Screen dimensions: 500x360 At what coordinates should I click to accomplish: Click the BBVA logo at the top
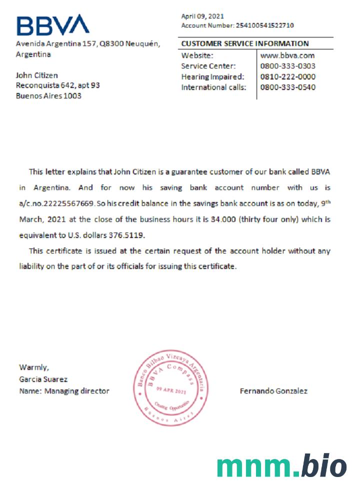[52, 25]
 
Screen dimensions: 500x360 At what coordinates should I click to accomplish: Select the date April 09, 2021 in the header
[202, 16]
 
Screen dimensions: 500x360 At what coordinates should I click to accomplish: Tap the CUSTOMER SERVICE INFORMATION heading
[245, 43]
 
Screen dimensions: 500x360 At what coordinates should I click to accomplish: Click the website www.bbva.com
[287, 55]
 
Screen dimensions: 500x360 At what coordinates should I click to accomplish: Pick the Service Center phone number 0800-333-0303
[287, 66]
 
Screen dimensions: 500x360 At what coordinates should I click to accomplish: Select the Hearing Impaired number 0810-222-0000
[287, 76]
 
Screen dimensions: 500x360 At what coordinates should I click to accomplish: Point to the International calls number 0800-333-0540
[287, 87]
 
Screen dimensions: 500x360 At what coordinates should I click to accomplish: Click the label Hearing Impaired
[212, 76]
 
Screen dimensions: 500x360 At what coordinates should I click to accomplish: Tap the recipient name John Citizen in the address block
[37, 75]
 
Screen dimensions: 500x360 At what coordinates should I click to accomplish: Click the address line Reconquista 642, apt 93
[58, 85]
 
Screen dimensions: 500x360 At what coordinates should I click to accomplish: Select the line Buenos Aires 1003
[48, 95]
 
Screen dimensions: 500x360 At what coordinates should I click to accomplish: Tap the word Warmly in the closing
[34, 367]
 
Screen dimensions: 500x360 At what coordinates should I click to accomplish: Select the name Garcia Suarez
[43, 379]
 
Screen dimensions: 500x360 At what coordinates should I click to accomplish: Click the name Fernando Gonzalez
[273, 391]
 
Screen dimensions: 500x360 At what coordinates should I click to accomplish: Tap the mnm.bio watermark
[281, 466]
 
